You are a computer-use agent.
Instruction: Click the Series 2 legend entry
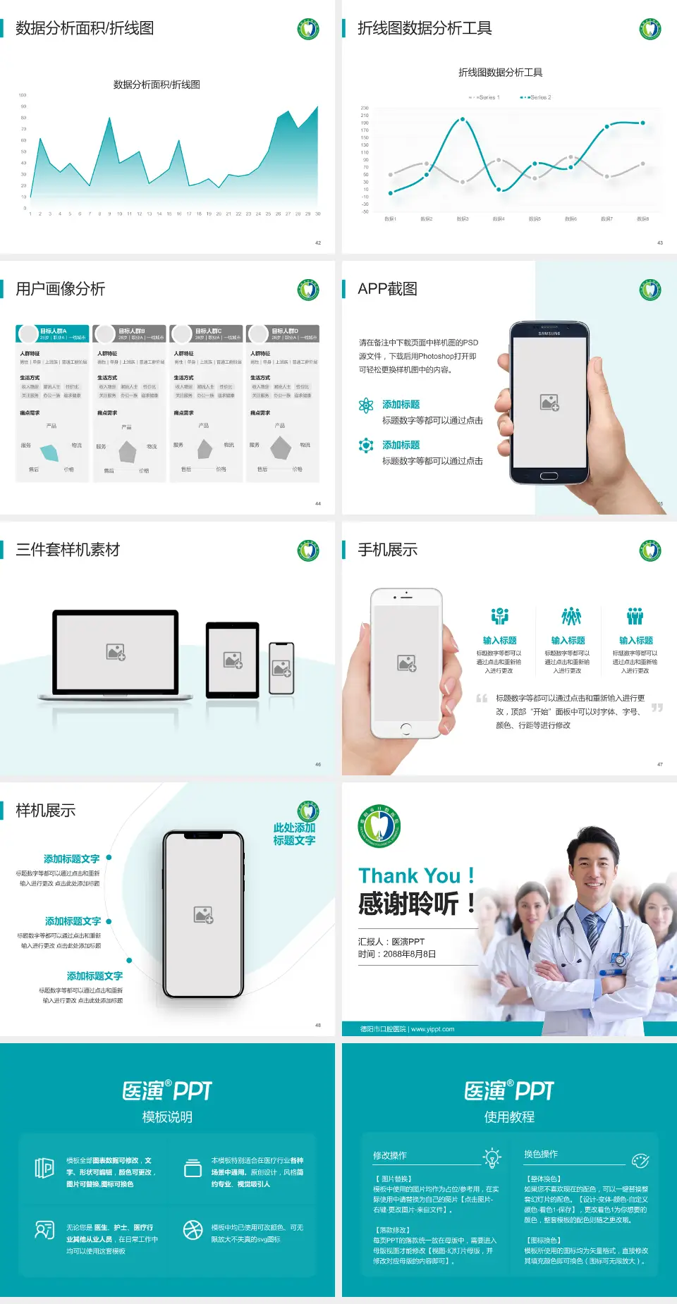point(536,97)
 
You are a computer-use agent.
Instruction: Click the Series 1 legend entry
point(484,97)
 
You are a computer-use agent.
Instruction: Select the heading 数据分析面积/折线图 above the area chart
point(157,85)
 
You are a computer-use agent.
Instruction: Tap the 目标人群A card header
point(53,333)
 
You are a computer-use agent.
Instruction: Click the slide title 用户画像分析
point(61,289)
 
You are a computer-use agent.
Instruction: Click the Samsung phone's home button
point(549,476)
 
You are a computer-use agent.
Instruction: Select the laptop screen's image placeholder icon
point(116,651)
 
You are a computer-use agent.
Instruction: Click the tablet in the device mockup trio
point(233,660)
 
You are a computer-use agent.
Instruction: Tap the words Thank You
point(409,875)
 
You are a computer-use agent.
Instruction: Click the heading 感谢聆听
point(408,904)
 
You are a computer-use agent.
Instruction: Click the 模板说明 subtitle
point(167,1117)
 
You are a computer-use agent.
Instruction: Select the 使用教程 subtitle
point(509,1117)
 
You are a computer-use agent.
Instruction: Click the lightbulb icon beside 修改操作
point(492,1157)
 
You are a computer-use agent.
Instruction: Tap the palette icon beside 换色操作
point(640,1160)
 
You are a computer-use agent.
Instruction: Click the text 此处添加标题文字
point(294,834)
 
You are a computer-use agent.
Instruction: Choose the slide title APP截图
point(387,289)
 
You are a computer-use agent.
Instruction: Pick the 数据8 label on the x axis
point(642,219)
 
